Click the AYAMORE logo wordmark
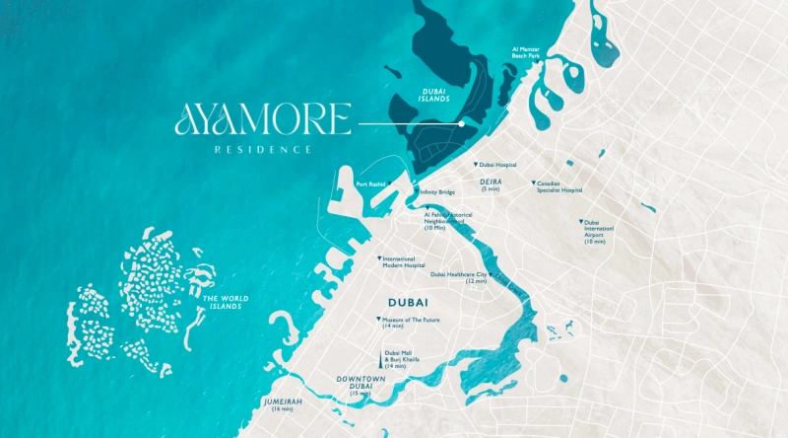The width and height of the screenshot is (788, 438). click(x=262, y=121)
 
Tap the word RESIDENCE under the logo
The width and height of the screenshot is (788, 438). click(x=264, y=149)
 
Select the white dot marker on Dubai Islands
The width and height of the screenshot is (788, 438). click(x=462, y=124)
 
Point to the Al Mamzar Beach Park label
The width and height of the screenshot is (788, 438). click(x=526, y=52)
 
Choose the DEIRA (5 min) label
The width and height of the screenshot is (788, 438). click(x=491, y=184)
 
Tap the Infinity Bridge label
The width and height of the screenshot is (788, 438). click(x=437, y=192)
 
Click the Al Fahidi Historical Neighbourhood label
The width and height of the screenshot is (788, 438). click(x=448, y=220)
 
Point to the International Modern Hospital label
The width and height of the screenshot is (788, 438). click(x=405, y=261)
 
